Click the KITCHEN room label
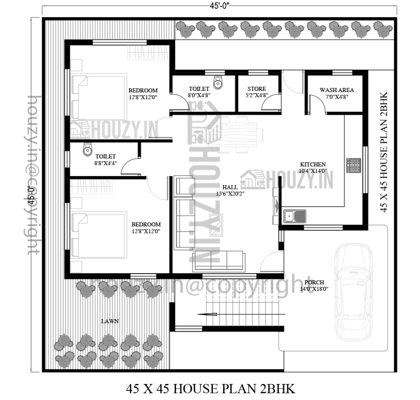pyautogui.click(x=313, y=164)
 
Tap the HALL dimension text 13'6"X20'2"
pyautogui.click(x=230, y=194)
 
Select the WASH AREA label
pyautogui.click(x=337, y=90)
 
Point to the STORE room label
pyautogui.click(x=257, y=89)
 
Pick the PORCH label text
pyautogui.click(x=314, y=282)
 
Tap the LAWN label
pyautogui.click(x=110, y=321)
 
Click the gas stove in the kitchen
pyautogui.click(x=354, y=165)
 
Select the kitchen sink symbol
pyautogui.click(x=294, y=216)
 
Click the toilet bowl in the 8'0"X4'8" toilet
pyautogui.click(x=218, y=82)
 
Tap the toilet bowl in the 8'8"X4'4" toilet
pyautogui.click(x=88, y=149)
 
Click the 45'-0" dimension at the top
pyautogui.click(x=219, y=6)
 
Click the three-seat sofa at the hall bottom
pyautogui.click(x=219, y=261)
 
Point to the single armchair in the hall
pyautogui.click(x=184, y=186)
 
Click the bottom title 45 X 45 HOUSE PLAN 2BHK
pyautogui.click(x=210, y=389)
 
